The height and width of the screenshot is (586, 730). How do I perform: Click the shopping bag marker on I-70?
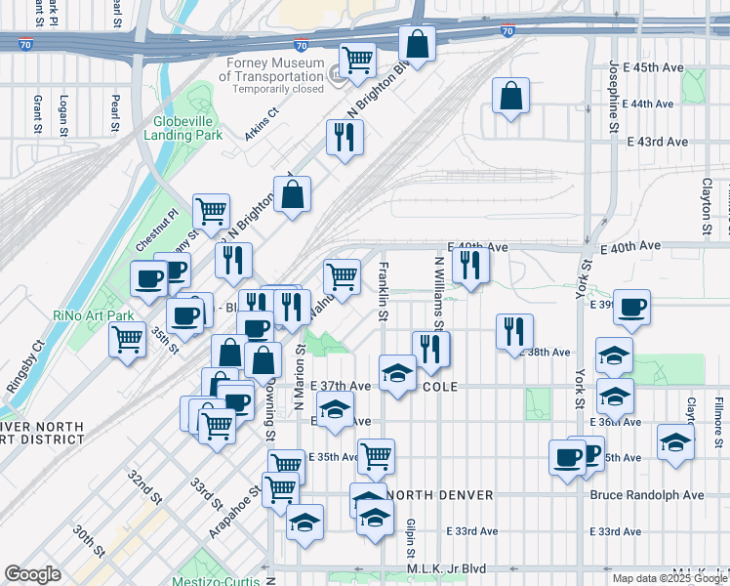coord(417,44)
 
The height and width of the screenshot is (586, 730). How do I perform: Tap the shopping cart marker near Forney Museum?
coord(358,59)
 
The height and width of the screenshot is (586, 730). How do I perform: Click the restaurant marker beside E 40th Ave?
coord(470,264)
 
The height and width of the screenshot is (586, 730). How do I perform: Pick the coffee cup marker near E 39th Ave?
coord(630,306)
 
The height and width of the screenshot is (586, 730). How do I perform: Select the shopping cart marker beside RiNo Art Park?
coord(127,340)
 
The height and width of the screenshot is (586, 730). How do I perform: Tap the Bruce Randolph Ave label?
coord(646,495)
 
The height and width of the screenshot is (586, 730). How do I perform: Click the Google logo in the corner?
coord(32,574)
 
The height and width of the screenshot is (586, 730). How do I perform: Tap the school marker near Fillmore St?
coord(675,441)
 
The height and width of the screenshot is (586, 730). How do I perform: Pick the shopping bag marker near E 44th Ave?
coord(510,96)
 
